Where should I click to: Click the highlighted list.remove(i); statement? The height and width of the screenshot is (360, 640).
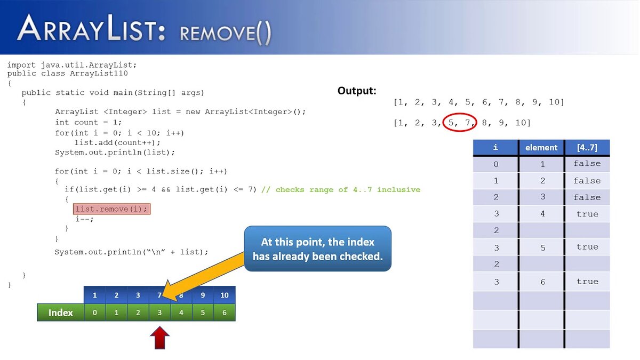tap(111, 209)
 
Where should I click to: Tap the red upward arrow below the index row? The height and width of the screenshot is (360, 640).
tap(159, 338)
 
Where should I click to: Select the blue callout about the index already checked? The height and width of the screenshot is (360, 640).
tap(317, 249)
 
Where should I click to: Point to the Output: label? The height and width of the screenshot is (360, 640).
tap(357, 91)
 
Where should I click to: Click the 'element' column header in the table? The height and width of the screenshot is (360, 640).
tap(541, 148)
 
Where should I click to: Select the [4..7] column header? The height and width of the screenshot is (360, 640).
tap(587, 148)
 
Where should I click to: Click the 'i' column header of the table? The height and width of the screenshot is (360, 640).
tap(495, 148)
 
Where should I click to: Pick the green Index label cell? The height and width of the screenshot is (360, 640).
tap(61, 313)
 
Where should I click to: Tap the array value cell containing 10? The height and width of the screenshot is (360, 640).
tap(224, 295)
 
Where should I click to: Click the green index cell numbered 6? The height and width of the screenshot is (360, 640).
tap(224, 313)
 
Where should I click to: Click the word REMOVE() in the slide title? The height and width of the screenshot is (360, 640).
tap(226, 33)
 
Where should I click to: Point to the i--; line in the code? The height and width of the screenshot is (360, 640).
tap(84, 219)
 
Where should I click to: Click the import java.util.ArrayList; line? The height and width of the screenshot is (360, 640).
tap(72, 65)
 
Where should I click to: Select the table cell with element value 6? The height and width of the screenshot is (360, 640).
tap(542, 282)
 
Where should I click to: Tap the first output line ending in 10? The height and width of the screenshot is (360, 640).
tap(478, 102)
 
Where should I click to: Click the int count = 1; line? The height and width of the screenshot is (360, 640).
tap(88, 122)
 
